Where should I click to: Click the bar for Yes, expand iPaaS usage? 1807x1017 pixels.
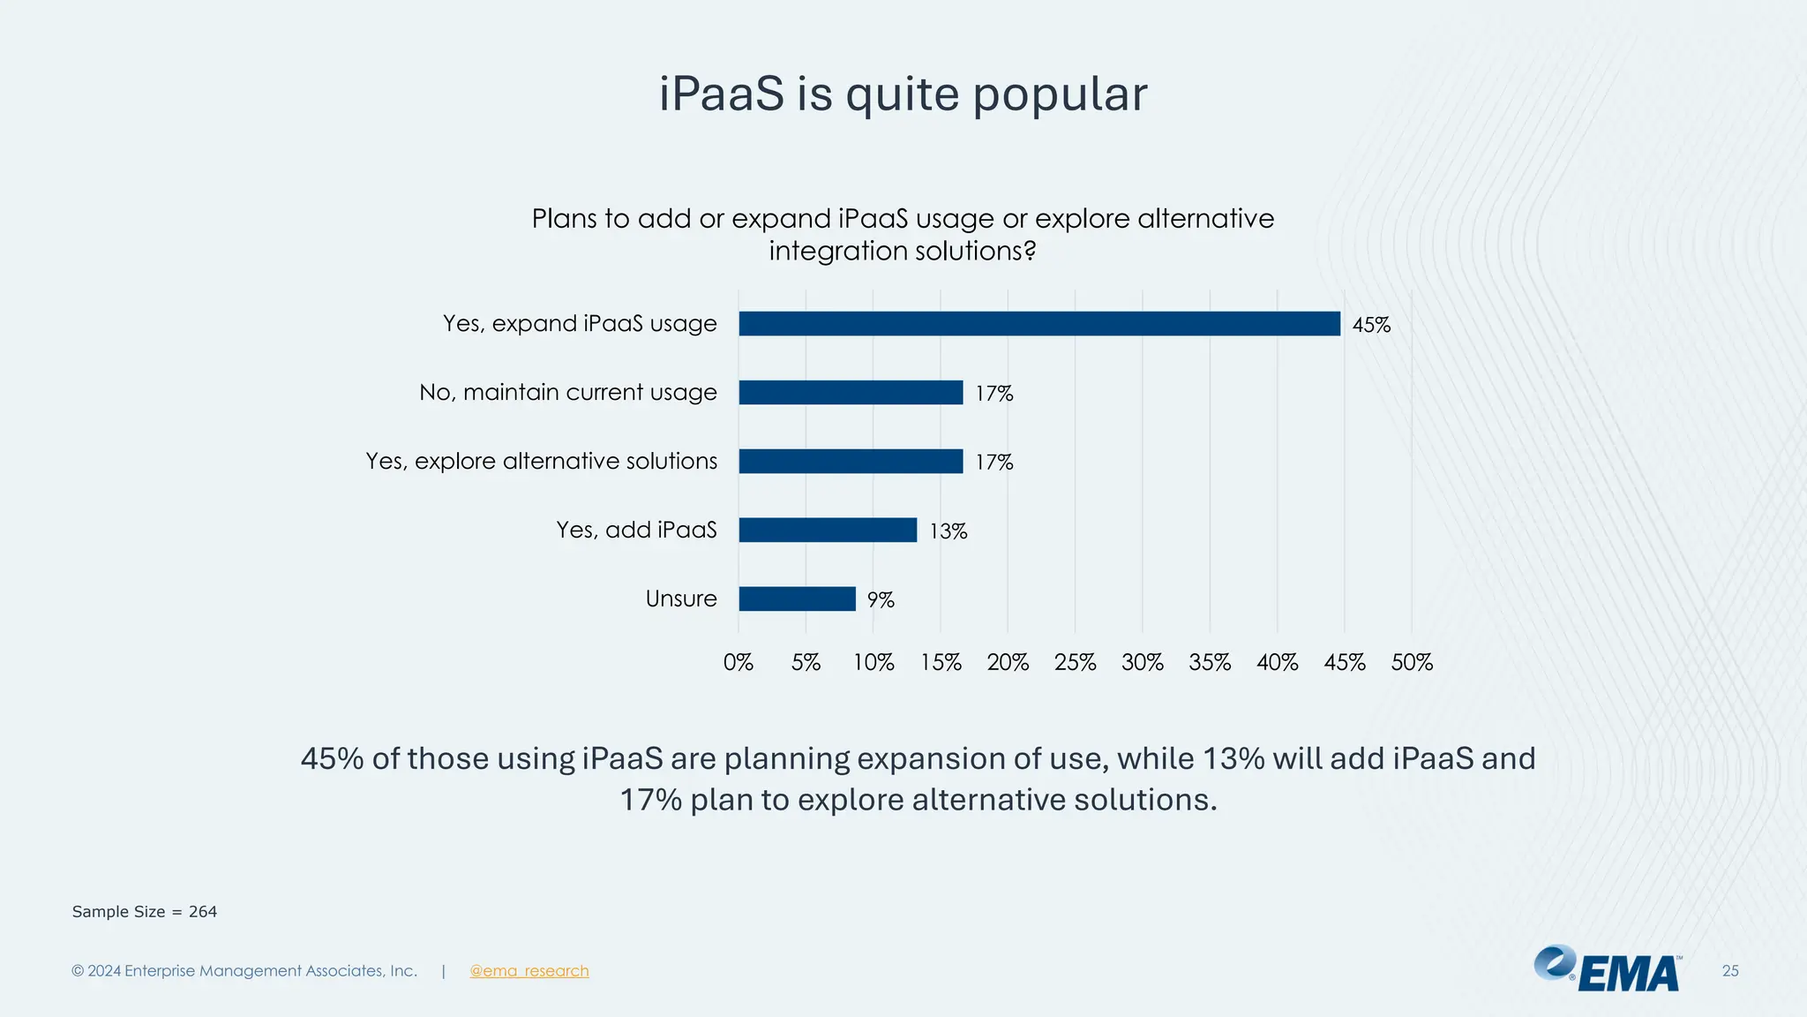pos(1038,323)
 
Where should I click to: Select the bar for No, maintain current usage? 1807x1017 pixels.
pos(851,392)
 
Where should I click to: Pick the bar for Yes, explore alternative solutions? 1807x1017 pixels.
pos(851,461)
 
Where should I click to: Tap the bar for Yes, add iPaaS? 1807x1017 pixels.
pos(828,530)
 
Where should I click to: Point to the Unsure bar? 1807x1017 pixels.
pos(797,599)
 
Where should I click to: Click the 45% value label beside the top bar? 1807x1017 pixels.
pos(1371,325)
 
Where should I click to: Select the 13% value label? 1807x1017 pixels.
pos(948,531)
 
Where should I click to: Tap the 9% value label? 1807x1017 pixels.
pos(881,600)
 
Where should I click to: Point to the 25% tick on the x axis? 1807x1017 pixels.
pos(1075,662)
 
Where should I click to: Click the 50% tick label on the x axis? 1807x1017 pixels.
pos(1412,662)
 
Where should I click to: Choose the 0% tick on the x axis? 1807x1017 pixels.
pos(739,662)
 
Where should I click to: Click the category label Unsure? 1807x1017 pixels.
pos(681,599)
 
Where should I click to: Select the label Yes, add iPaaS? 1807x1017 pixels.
pos(636,530)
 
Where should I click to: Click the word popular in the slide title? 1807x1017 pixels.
pos(1060,95)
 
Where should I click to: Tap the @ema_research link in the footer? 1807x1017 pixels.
pos(529,971)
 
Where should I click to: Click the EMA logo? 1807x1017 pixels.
pos(1608,969)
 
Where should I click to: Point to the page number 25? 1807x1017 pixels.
pos(1730,971)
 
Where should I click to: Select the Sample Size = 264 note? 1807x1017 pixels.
pos(145,912)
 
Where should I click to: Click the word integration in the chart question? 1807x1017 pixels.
pos(838,251)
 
